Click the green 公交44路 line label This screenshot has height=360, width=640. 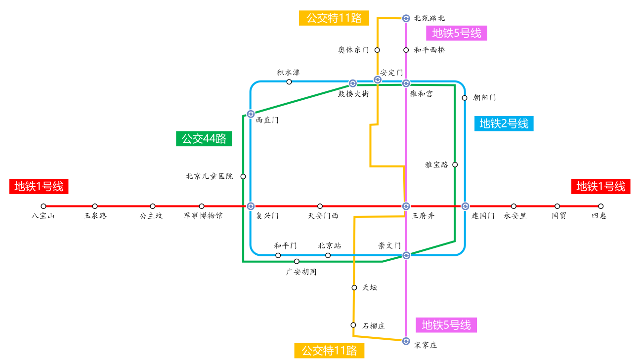click(204, 139)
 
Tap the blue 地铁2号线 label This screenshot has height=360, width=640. click(504, 123)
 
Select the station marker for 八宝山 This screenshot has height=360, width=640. click(43, 206)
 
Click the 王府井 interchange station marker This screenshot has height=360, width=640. click(406, 206)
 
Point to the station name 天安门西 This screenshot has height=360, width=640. click(323, 216)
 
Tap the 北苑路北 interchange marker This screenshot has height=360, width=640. click(406, 18)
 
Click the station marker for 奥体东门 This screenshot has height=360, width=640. click(377, 50)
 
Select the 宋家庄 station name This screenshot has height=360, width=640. click(426, 345)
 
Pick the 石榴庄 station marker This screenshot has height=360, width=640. click(353, 325)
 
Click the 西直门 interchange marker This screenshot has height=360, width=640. click(251, 114)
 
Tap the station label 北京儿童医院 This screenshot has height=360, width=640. click(209, 176)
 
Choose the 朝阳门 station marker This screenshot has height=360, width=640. click(465, 98)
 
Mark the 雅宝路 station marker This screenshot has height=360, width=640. click(455, 164)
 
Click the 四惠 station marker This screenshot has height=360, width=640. click(601, 206)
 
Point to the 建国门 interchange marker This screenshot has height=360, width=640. click(465, 206)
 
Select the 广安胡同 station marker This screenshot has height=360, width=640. click(297, 261)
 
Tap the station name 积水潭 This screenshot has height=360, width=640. click(288, 73)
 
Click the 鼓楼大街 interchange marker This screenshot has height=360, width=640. click(353, 83)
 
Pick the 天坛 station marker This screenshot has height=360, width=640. click(354, 287)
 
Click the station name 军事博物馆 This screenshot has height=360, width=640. click(203, 216)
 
